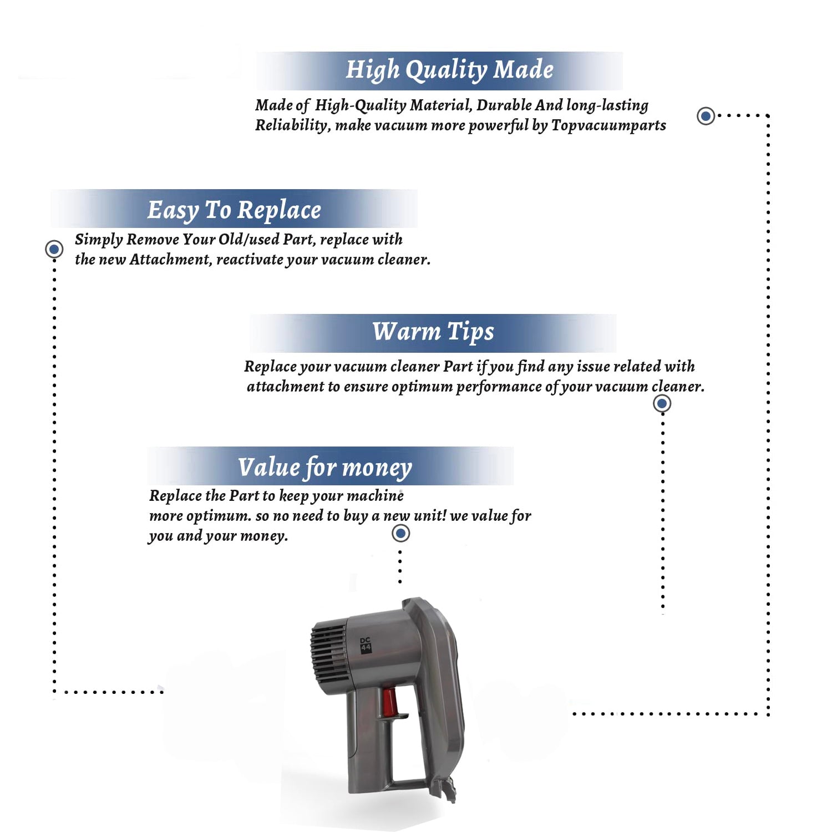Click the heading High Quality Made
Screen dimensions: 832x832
tap(450, 70)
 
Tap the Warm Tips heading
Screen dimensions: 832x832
tap(433, 332)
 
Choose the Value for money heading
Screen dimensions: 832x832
tap(325, 468)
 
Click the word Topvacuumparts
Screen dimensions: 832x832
tap(608, 126)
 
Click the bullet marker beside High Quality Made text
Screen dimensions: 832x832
tap(706, 116)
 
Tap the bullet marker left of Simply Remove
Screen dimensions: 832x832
tap(54, 250)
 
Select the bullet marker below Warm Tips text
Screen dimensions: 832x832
tap(662, 403)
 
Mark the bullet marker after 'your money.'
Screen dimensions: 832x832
tap(400, 534)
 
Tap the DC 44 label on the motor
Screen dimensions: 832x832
tap(366, 645)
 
